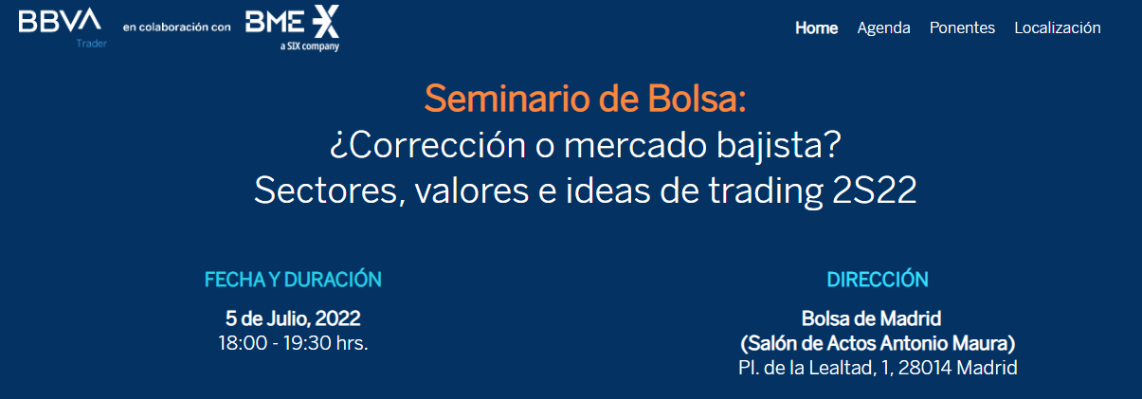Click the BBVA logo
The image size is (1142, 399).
60,21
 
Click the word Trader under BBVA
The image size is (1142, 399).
92,44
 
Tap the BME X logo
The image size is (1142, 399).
292,22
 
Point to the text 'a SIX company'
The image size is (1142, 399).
310,46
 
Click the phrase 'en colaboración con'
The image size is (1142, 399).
177,27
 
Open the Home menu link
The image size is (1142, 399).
816,27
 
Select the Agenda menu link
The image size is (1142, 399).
883,28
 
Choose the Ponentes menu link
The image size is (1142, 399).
962,27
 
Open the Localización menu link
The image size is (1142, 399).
1058,27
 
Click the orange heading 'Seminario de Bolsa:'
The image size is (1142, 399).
586,99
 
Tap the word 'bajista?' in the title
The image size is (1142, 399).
778,145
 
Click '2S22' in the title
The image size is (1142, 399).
874,190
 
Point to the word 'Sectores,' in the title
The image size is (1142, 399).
330,191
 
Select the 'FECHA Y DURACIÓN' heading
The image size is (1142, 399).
293,280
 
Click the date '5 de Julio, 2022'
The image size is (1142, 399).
293,318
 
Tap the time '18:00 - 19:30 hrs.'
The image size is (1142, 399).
293,343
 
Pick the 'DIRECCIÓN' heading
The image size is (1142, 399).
878,280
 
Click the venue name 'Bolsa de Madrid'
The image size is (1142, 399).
871,318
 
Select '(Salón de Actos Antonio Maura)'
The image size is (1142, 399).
878,343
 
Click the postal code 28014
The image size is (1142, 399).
924,368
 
